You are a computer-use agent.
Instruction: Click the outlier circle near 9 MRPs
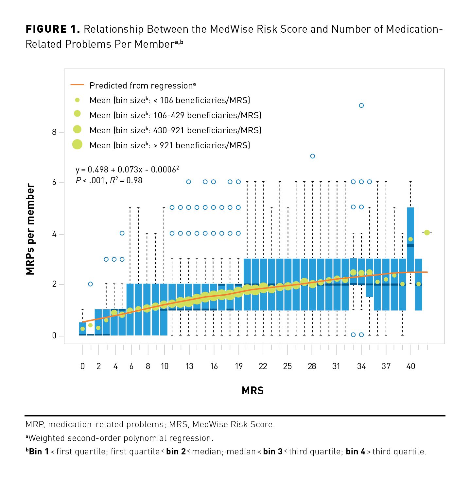[x=361, y=106]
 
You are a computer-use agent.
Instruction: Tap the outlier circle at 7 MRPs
[x=312, y=156]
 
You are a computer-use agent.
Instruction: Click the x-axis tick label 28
[x=312, y=367]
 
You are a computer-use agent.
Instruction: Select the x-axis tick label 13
[x=189, y=367]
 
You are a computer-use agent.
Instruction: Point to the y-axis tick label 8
[x=54, y=132]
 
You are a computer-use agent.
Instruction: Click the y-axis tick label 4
[x=54, y=234]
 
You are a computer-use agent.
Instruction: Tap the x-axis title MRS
[x=252, y=391]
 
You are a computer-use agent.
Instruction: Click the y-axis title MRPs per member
[x=30, y=229]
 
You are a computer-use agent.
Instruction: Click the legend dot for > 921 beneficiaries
[x=77, y=144]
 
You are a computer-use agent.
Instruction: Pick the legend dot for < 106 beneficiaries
[x=77, y=100]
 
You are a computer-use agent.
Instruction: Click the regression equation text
[x=127, y=170]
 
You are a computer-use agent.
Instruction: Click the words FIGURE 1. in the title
[x=53, y=29]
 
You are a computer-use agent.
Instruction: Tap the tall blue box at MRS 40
[x=410, y=229]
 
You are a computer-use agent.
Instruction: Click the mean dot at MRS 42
[x=427, y=233]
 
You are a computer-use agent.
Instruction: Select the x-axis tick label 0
[x=82, y=367]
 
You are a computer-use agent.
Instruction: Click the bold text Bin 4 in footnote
[x=355, y=452]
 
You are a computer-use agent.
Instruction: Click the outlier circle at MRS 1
[x=90, y=284]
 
